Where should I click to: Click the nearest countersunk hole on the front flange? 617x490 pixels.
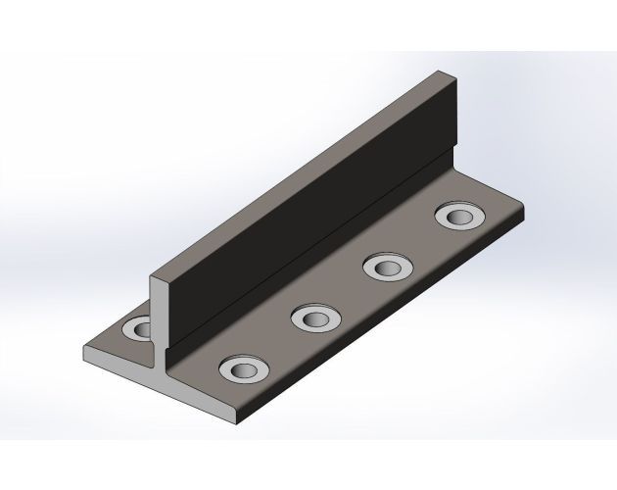[240, 369]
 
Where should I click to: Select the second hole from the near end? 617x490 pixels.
[315, 316]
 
